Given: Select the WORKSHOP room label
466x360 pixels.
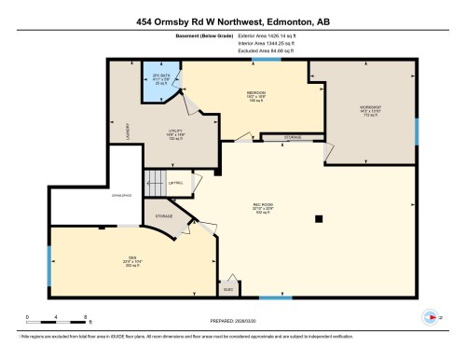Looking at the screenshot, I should pyautogui.click(x=370, y=110).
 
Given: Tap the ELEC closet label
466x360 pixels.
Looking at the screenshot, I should pyautogui.click(x=226, y=280).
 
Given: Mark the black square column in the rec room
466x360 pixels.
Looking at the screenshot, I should pyautogui.click(x=319, y=219).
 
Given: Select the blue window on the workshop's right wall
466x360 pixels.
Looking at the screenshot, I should pyautogui.click(x=416, y=130).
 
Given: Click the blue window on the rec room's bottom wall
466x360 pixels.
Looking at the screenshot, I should pyautogui.click(x=271, y=298).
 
